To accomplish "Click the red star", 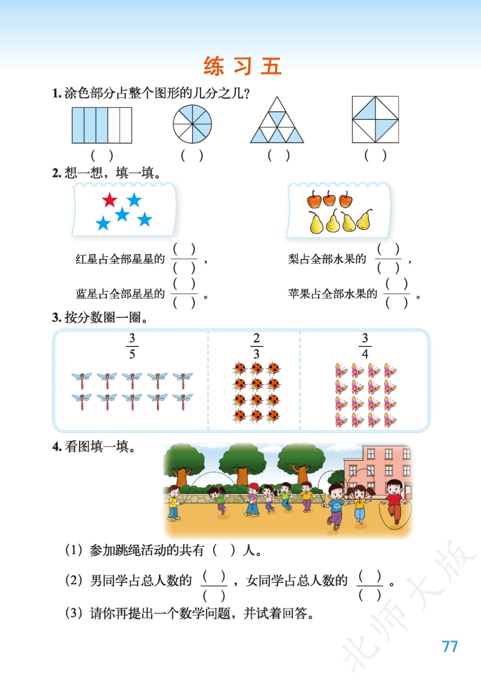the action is (110, 200).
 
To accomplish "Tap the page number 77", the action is (450, 647).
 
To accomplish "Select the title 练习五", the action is (242, 66).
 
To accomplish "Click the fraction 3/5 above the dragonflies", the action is (132, 346).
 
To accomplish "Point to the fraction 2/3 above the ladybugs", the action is (256, 346).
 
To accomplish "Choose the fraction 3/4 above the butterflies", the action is (365, 346).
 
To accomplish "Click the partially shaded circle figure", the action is (192, 124).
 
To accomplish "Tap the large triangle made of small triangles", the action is (277, 120).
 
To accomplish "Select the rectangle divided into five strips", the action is (102, 125).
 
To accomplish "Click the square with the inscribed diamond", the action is (375, 120).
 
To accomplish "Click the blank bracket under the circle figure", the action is (192, 156).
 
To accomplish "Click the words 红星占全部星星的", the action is (120, 259).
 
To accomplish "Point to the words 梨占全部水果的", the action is (327, 259).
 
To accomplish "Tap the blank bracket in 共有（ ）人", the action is (224, 550).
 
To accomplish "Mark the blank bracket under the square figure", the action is (375, 156).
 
